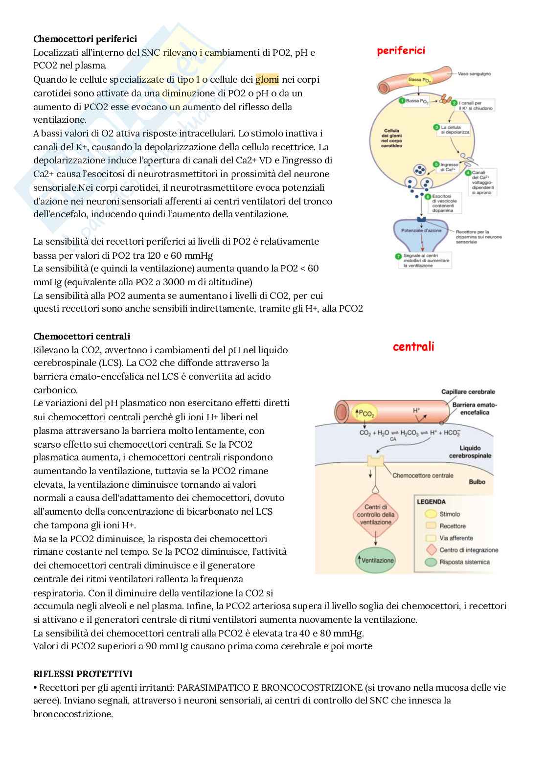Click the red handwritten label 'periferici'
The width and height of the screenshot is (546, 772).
[x=401, y=50]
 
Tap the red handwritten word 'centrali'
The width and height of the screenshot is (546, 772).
[x=413, y=347]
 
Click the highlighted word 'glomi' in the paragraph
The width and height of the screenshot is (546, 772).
[x=267, y=79]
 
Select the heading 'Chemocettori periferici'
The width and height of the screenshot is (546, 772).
[x=85, y=39]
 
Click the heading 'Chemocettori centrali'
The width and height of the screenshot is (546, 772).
[x=82, y=336]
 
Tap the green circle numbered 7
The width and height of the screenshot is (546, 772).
[x=399, y=256]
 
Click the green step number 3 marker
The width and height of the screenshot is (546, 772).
[x=436, y=127]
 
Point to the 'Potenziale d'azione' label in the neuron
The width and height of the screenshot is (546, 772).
[x=421, y=230]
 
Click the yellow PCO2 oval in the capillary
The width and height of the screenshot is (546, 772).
[x=363, y=413]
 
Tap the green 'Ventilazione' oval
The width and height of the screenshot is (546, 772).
[x=375, y=560]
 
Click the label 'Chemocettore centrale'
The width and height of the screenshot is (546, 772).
[x=423, y=475]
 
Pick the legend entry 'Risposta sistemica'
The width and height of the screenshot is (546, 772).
[x=464, y=562]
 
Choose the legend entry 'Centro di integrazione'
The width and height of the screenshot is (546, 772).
[x=468, y=550]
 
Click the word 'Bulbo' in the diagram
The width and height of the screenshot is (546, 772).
[x=477, y=482]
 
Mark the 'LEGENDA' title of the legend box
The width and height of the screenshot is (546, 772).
[x=431, y=502]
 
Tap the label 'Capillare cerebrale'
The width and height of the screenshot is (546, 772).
[x=468, y=391]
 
